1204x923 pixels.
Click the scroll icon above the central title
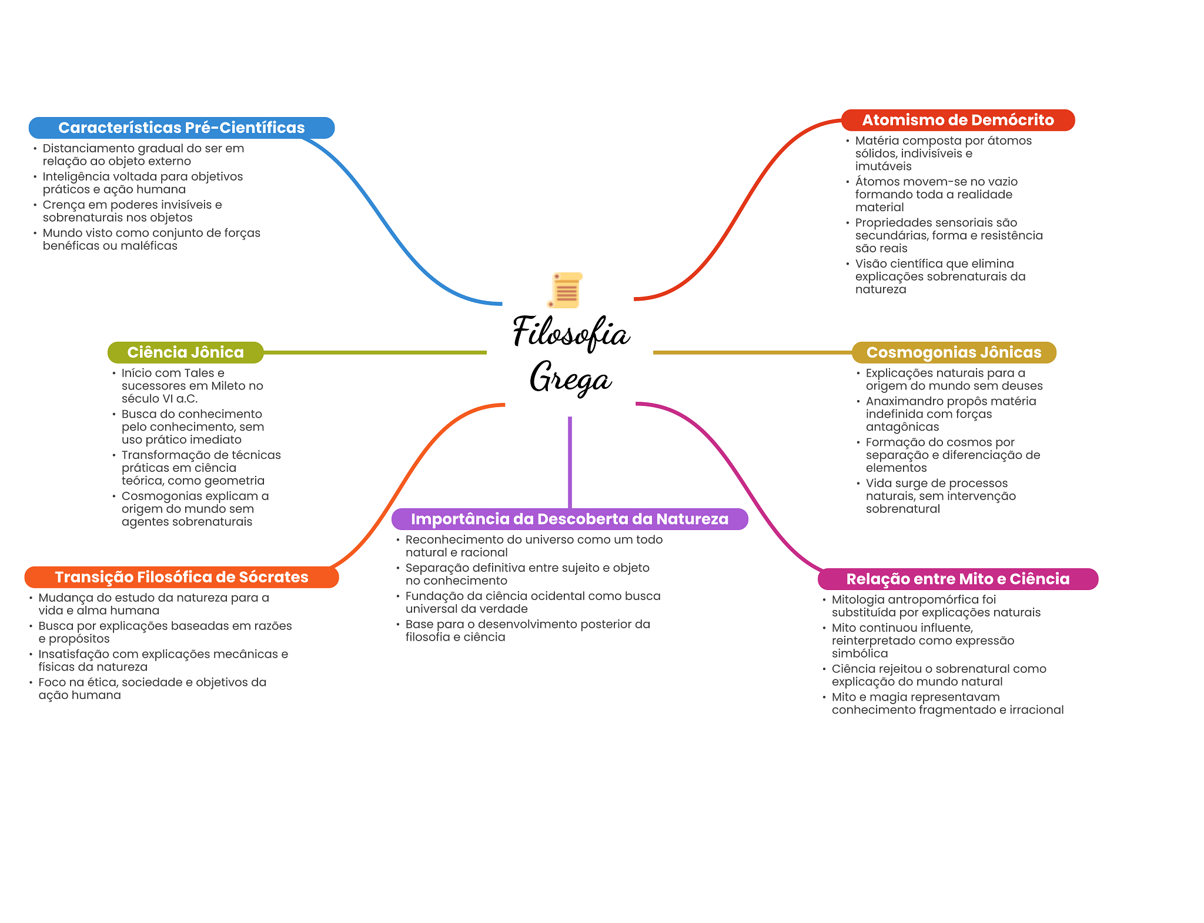[x=566, y=290]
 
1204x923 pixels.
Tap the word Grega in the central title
[x=570, y=377]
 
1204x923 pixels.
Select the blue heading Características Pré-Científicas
[x=181, y=128]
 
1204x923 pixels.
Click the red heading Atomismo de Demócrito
[x=958, y=120]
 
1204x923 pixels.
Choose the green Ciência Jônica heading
[x=185, y=352]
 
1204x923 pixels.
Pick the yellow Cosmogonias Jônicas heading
[x=954, y=352]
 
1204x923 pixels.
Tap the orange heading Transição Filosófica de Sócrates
[x=181, y=577]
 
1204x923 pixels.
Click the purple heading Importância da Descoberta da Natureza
[x=569, y=519]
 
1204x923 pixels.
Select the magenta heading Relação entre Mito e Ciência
[x=958, y=579]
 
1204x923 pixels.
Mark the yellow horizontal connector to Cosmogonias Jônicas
[x=752, y=352]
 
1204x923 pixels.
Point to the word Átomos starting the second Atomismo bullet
[x=875, y=182]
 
